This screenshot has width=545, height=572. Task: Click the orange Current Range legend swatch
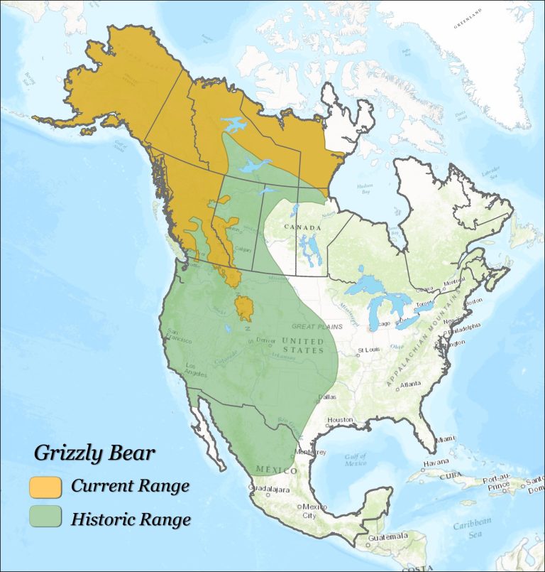click(44, 487)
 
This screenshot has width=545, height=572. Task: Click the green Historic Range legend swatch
click(44, 518)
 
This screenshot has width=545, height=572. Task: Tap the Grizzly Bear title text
click(94, 452)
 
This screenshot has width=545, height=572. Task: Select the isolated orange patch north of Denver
click(245, 308)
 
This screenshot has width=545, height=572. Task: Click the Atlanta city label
click(409, 384)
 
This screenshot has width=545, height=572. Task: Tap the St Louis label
click(370, 350)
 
